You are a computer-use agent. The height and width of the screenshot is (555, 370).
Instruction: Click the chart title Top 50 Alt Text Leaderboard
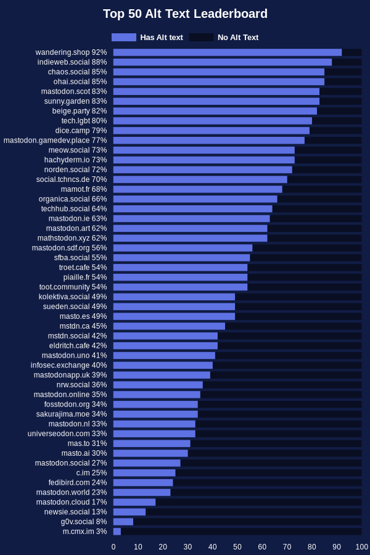185,14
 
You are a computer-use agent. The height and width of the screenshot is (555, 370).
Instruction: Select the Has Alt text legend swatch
124,37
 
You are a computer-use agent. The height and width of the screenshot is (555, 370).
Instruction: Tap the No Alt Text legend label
238,37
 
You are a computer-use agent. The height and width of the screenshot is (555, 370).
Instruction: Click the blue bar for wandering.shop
227,52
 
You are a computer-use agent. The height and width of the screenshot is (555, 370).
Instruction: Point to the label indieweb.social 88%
72,62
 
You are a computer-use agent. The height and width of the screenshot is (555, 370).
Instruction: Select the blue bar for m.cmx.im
117,532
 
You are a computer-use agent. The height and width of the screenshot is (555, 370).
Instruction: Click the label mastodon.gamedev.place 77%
55,141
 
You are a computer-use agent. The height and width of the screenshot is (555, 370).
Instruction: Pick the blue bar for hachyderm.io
203,160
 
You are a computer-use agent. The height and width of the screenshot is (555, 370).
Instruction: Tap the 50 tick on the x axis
237,547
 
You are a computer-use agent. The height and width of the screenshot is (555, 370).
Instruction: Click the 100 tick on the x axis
362,547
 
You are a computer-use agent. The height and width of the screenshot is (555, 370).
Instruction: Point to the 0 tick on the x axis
113,547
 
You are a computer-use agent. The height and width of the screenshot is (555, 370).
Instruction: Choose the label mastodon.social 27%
70,463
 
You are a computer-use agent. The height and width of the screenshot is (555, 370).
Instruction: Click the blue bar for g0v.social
123,522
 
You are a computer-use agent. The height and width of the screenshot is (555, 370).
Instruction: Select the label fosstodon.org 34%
75,405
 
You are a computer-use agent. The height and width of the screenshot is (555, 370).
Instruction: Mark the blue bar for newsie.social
129,512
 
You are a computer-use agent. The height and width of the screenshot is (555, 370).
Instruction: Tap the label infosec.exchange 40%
68,365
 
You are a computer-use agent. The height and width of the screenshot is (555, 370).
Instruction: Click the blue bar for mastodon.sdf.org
183,248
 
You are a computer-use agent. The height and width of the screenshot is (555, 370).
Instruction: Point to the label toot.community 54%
73,287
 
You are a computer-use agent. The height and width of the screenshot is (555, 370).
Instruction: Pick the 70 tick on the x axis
287,547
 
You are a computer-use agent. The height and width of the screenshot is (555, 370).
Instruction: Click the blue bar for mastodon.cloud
134,502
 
